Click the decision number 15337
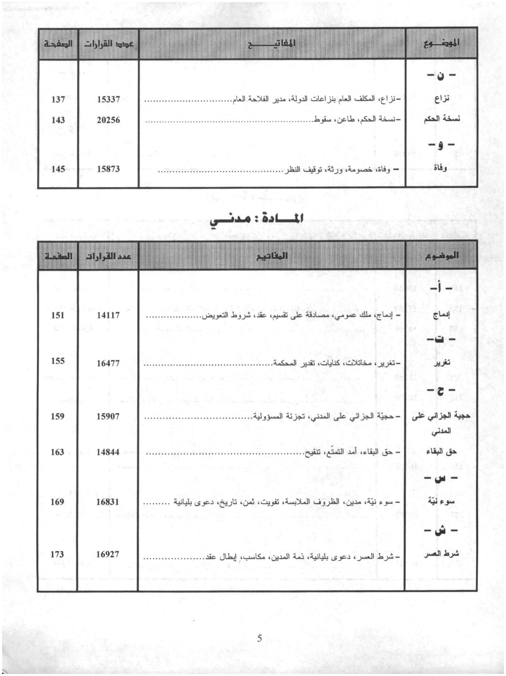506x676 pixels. coord(108,99)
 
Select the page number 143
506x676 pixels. coord(58,120)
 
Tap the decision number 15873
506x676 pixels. coord(108,169)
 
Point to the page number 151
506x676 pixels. coord(58,315)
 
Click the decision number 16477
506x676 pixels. coord(108,363)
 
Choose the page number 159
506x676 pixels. coord(58,416)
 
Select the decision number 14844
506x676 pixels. coord(108,452)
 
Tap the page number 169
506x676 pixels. coord(57,502)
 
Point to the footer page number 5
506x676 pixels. coord(259,638)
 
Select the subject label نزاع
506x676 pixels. coord(442,99)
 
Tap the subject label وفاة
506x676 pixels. coord(441,168)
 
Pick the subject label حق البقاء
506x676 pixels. coord(441,452)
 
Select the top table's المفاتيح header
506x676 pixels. coord(272,43)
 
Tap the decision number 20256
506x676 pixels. coord(108,120)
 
